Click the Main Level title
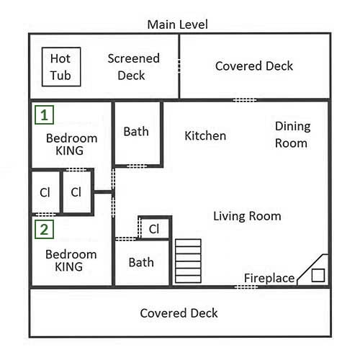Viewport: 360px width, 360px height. pos(177,24)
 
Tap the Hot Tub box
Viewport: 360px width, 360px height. pos(61,67)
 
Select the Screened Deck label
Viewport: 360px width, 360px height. pos(133,67)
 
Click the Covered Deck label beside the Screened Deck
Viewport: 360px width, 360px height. pos(254,66)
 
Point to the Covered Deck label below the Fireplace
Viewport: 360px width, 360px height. pos(179,313)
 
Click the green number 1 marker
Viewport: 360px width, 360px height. pos(44,115)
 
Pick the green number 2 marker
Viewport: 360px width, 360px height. pos(44,230)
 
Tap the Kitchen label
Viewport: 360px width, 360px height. pos(205,136)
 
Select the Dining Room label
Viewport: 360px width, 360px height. pos(293,135)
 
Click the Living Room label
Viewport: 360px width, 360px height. pos(247,216)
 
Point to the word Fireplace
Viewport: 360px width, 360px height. pos(269,279)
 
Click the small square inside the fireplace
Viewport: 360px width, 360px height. pos(318,275)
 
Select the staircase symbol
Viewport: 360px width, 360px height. pos(188,261)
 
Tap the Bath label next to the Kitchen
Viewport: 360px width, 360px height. pos(136,132)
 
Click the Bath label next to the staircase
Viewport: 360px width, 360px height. pos(141,262)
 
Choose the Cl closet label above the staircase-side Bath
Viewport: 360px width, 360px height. pos(154,229)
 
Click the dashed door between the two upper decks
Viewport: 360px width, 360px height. pos(179,66)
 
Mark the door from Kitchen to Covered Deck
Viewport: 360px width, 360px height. pos(245,100)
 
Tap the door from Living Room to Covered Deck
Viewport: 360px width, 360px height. pos(246,287)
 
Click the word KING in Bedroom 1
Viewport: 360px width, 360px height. pos(69,150)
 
